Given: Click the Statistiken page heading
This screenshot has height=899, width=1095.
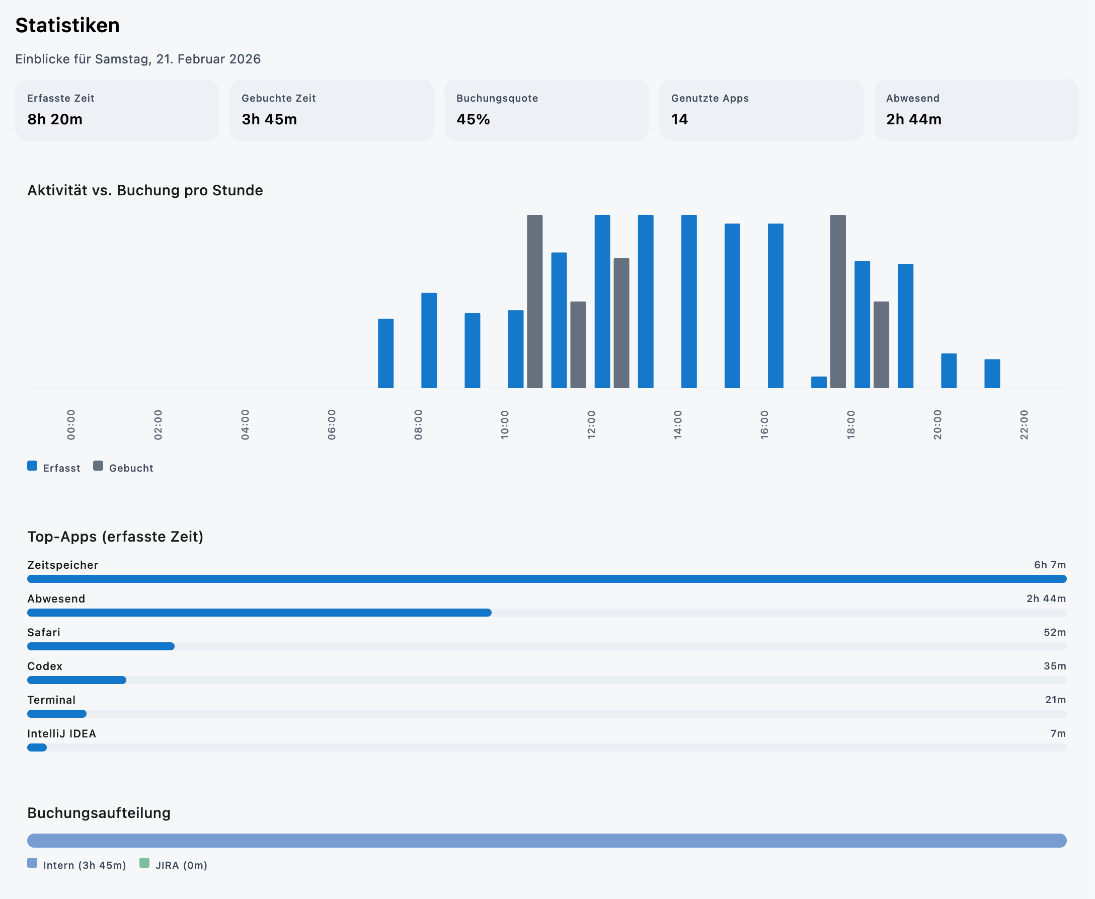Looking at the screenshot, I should point(67,25).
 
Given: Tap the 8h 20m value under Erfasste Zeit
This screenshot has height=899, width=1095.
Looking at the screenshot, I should point(55,119).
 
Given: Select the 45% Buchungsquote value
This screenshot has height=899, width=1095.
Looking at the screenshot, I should point(473,119).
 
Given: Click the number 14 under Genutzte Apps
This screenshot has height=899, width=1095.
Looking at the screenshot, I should point(679,119).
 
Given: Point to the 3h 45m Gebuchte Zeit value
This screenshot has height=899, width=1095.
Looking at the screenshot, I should point(269,119).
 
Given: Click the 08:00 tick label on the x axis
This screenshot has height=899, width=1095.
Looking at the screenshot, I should point(418,425).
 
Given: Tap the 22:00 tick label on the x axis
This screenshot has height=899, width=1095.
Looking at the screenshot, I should point(1024,425).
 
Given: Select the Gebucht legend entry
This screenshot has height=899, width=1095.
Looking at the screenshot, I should point(130,468).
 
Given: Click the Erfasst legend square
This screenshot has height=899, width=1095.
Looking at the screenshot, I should point(32,466).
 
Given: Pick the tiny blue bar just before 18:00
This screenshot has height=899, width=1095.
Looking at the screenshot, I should point(819,382).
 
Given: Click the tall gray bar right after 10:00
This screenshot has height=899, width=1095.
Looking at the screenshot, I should point(534,301).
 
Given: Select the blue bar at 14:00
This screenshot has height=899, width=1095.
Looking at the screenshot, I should point(688,301).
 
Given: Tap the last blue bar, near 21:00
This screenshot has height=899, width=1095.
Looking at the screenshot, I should point(991,373).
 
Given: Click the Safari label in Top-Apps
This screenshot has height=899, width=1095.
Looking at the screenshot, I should point(43,632).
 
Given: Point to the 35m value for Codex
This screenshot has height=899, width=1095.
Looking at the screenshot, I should point(1054,666).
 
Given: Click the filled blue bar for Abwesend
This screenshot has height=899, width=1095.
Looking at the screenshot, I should point(259,613).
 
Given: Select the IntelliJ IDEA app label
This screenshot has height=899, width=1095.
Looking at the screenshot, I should point(61,733).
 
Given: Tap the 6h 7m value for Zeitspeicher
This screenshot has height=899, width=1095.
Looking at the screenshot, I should point(1049,565).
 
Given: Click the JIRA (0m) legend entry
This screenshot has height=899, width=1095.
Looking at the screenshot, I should point(181,865).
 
